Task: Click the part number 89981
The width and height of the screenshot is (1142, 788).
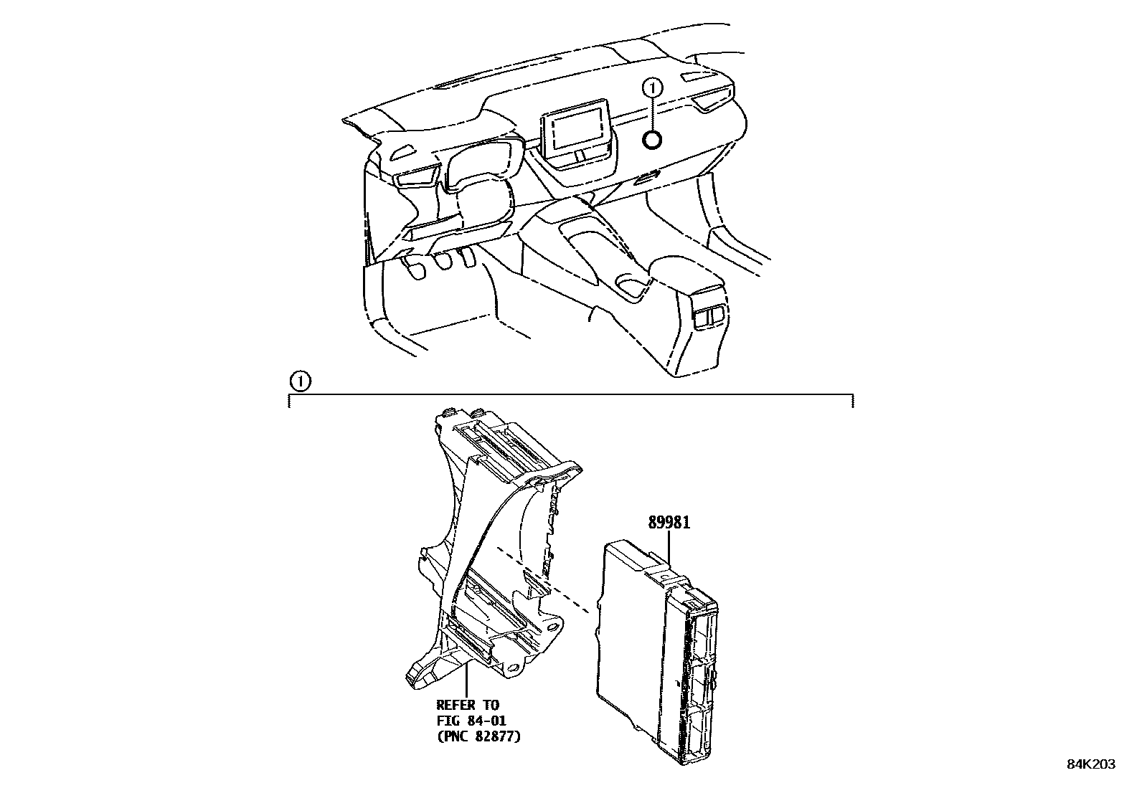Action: [x=669, y=523]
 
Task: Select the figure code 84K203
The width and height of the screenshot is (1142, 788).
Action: [x=1090, y=764]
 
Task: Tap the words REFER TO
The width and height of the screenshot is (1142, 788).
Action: [x=467, y=706]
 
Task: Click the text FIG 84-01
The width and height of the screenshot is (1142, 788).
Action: [x=471, y=720]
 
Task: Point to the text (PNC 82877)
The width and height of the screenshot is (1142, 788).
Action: [x=478, y=735]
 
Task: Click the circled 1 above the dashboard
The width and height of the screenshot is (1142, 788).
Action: [x=652, y=88]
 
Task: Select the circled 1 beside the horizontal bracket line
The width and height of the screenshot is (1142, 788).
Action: [x=301, y=381]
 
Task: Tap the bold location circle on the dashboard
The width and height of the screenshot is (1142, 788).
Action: [x=652, y=141]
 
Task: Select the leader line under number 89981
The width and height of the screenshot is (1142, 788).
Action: [x=670, y=549]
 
